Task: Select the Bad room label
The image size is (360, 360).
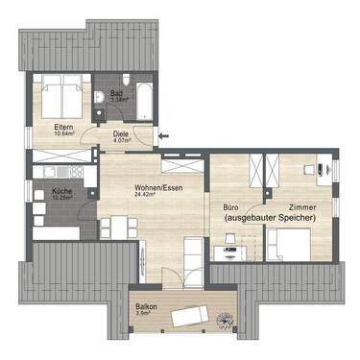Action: click(116, 93)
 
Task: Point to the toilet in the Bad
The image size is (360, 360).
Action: click(103, 95)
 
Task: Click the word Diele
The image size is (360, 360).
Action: click(121, 134)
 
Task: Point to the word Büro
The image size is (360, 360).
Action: click(230, 208)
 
